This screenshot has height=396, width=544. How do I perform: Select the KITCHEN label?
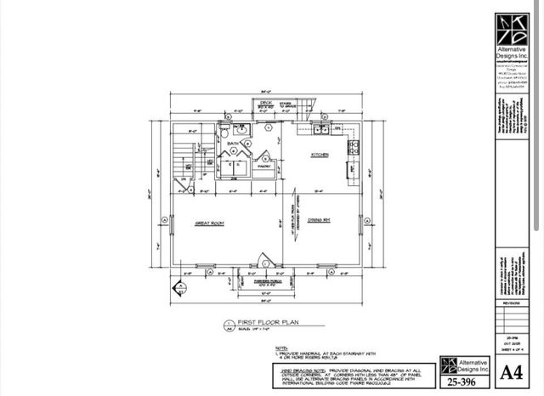tap(320, 155)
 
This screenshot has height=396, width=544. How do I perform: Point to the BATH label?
tap(231, 144)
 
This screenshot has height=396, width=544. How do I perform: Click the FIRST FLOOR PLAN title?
tap(266, 322)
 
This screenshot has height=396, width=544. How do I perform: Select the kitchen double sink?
tap(321, 130)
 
